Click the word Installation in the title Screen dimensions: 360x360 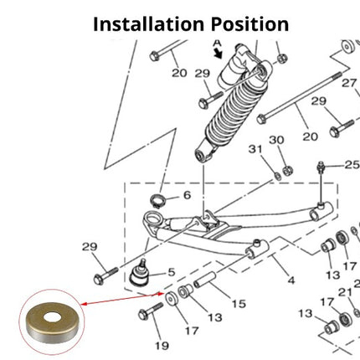point(148,24)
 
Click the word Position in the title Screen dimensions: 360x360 point(249,24)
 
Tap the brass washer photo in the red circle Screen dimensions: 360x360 point(52,322)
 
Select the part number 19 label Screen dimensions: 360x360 point(162,346)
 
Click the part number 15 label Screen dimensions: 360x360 point(239,304)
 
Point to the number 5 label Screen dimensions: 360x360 point(172,272)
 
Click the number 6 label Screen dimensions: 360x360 point(187,195)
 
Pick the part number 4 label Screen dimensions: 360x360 point(291,280)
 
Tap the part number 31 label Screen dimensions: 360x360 point(255,149)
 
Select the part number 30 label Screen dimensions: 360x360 point(276,140)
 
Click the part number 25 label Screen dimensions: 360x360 point(352,165)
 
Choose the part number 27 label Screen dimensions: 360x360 point(349,83)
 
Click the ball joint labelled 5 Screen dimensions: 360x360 point(140,274)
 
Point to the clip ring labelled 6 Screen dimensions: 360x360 point(157,200)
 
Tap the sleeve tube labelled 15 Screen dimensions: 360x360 point(205,280)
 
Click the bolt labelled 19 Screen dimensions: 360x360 point(151,311)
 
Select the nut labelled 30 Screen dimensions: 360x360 point(287,170)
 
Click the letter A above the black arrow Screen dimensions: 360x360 point(217,44)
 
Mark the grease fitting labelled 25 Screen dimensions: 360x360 point(321,167)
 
